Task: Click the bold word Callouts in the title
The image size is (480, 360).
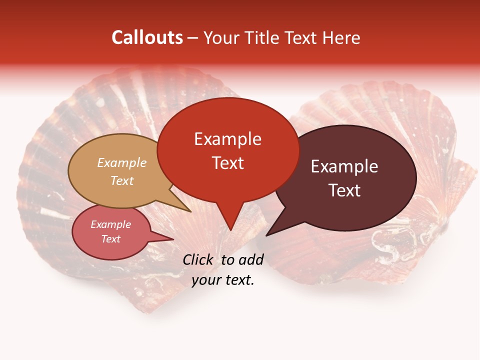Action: (147, 37)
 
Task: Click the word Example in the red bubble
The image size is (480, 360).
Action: (227, 139)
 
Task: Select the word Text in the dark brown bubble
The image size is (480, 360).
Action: (344, 190)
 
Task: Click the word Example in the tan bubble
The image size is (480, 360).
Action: (121, 163)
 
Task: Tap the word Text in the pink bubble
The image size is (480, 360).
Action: (110, 239)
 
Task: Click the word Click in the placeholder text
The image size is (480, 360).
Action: (198, 259)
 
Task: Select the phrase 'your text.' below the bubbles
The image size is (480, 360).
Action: (223, 280)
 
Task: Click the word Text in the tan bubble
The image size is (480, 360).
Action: (122, 180)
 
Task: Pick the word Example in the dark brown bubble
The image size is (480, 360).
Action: (344, 166)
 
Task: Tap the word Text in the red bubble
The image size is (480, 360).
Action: (227, 163)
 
